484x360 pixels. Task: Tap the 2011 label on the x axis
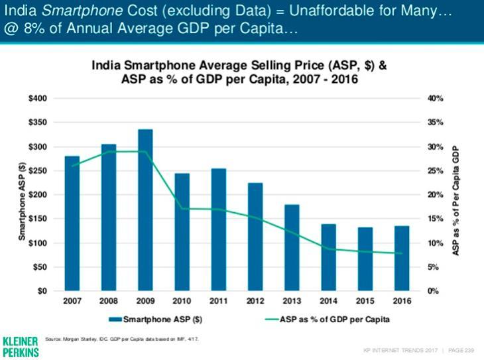pyautogui.click(x=218, y=301)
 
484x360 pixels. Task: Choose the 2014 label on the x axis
pyautogui.click(x=328, y=301)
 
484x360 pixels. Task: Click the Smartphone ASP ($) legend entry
pyautogui.click(x=155, y=319)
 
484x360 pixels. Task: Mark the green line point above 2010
pyautogui.click(x=182, y=209)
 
